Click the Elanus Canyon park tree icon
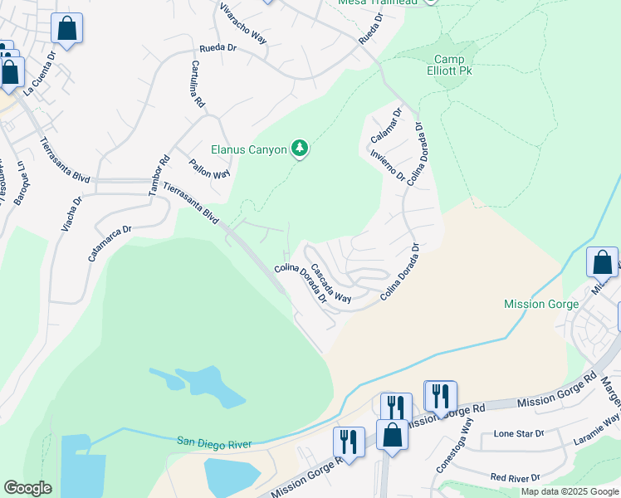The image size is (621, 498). pyautogui.click(x=300, y=149)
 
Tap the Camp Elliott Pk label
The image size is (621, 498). pyautogui.click(x=454, y=66)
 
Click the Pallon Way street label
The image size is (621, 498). pyautogui.click(x=209, y=168)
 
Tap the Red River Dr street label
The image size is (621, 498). pyautogui.click(x=516, y=477)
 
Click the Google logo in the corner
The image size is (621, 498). pyautogui.click(x=27, y=488)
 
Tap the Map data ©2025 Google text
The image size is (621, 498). pyautogui.click(x=569, y=491)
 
